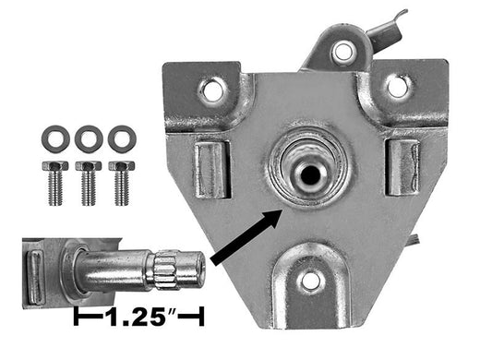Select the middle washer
click(89, 139)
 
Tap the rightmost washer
click(120, 139)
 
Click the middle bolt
click(89, 180)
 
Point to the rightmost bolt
click(120, 180)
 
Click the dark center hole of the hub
click(310, 172)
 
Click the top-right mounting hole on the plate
click(397, 86)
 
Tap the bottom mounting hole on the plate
click(310, 279)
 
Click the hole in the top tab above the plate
click(342, 51)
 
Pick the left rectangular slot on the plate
click(211, 170)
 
